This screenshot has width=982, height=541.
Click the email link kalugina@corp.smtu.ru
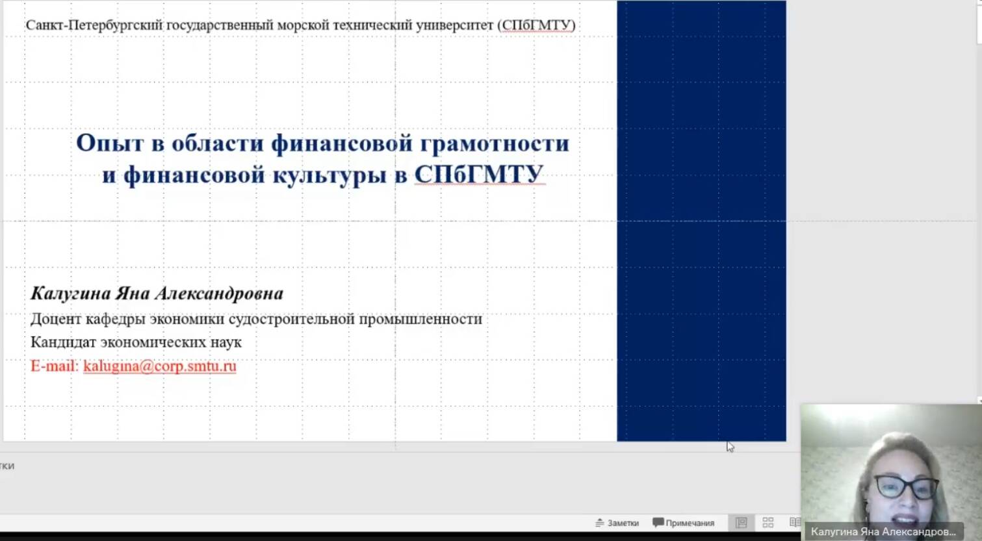(x=160, y=366)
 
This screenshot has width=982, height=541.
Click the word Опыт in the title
(x=110, y=144)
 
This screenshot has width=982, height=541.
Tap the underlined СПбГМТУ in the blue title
(x=479, y=174)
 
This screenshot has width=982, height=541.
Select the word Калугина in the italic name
(x=71, y=293)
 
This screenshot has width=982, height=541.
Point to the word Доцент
(x=56, y=320)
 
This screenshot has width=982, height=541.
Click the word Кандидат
(x=63, y=342)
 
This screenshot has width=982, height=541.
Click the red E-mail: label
(x=55, y=366)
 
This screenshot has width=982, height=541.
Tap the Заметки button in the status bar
(x=617, y=523)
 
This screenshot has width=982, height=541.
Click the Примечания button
(x=684, y=523)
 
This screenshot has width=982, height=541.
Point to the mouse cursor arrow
(x=730, y=447)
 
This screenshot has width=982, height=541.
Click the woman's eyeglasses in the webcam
(x=906, y=487)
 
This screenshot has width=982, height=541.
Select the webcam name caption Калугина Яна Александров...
(x=883, y=532)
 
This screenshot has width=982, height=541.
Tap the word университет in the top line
(x=455, y=25)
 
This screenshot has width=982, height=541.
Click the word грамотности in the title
(x=495, y=144)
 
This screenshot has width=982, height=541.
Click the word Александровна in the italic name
(x=219, y=293)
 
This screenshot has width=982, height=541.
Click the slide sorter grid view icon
(x=768, y=522)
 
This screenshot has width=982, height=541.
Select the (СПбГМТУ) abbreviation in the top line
(x=536, y=25)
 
